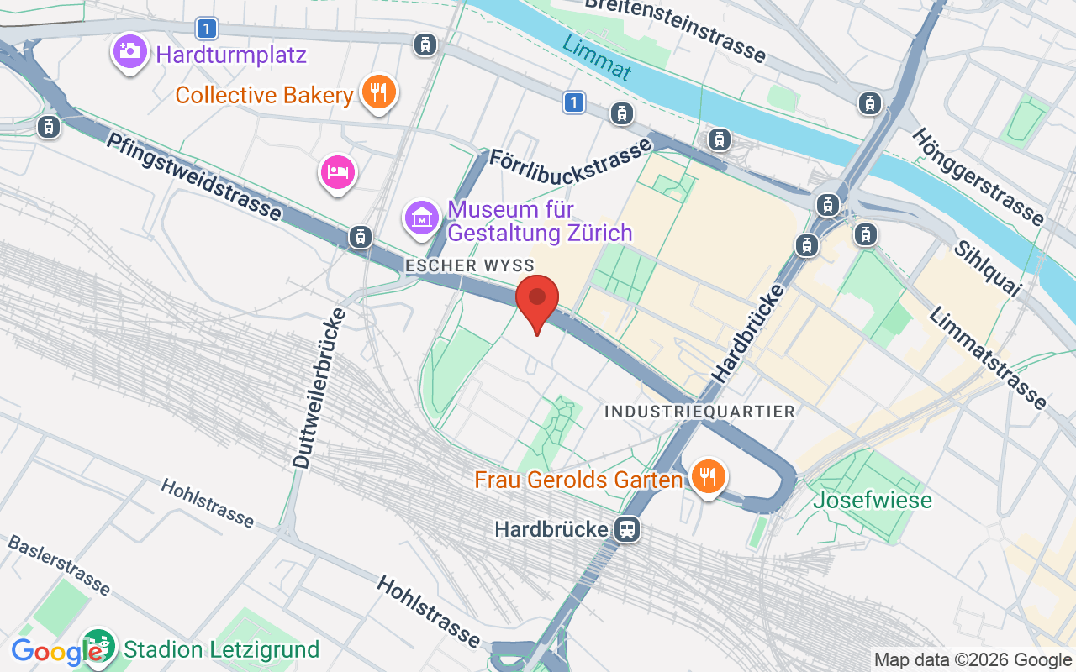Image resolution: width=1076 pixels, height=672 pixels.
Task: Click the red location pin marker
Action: (537, 299)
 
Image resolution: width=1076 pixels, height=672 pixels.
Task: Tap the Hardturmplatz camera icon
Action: (129, 51)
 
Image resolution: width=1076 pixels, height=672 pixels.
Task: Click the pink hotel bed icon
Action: (338, 172)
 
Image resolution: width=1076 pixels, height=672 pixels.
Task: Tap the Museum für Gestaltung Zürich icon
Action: (422, 218)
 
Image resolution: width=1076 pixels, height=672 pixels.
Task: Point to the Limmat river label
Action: (596, 57)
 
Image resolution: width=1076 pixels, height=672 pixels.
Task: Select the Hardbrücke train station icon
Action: (627, 529)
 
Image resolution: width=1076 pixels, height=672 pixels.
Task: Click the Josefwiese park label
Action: (873, 501)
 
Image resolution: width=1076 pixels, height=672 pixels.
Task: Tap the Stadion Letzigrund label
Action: (221, 649)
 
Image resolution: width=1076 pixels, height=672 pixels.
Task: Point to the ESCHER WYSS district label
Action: (469, 265)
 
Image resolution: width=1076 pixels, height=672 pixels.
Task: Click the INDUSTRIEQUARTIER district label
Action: (699, 412)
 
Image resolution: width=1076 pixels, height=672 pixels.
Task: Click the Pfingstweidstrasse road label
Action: (193, 176)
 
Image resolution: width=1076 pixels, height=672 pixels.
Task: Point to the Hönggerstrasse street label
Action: (978, 177)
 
